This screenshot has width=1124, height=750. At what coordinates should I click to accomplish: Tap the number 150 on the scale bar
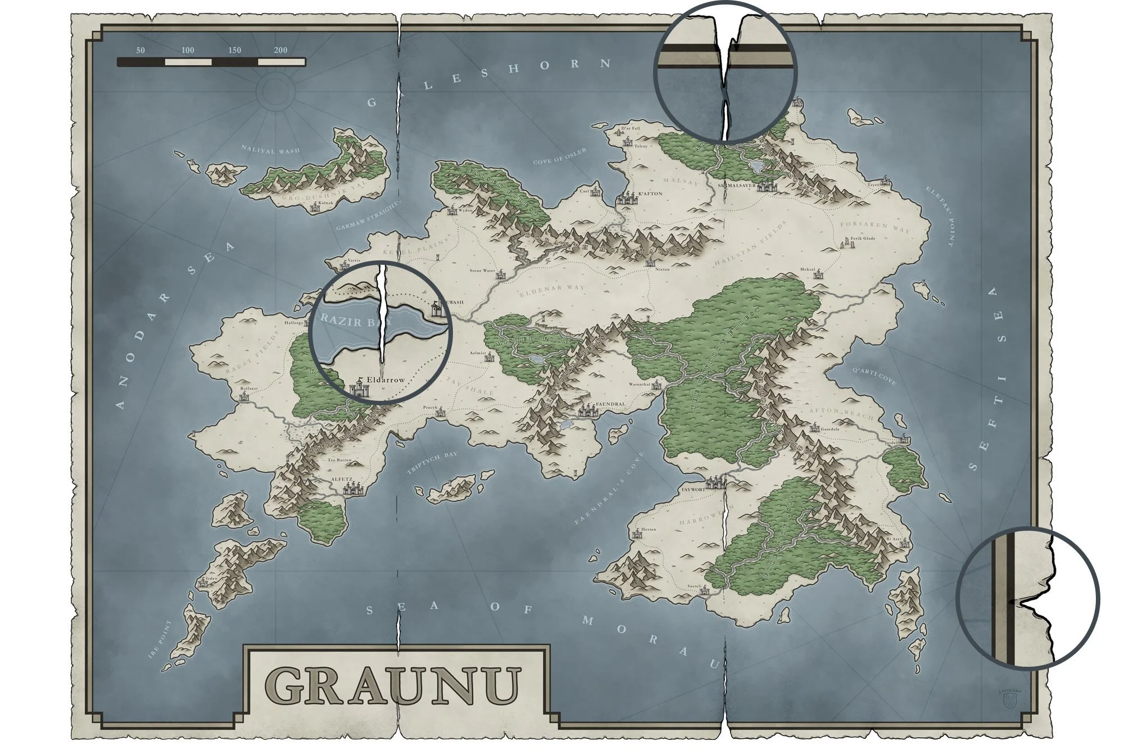(235, 50)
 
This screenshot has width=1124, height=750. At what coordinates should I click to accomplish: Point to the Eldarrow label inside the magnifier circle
(385, 380)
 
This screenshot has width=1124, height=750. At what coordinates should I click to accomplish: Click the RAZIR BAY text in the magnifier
(348, 321)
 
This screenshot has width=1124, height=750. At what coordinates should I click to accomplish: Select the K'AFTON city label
(650, 193)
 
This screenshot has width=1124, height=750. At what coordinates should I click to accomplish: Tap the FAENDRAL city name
(610, 404)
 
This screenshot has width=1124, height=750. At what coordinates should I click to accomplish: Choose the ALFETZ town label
(342, 480)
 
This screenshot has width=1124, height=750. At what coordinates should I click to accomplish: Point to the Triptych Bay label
(432, 463)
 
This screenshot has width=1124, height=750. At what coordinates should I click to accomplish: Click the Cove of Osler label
(559, 156)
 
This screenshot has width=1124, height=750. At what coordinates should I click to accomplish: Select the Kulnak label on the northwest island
(326, 203)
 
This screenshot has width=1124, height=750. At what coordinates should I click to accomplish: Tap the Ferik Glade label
(863, 238)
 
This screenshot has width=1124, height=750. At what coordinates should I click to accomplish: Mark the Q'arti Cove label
(874, 377)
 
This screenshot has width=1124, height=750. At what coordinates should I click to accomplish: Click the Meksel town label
(807, 269)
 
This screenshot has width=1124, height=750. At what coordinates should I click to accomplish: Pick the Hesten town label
(649, 529)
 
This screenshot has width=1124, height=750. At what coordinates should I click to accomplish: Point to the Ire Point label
(160, 640)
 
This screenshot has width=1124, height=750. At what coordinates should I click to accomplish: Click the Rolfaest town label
(248, 388)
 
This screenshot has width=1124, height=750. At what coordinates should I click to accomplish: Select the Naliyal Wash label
(270, 150)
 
